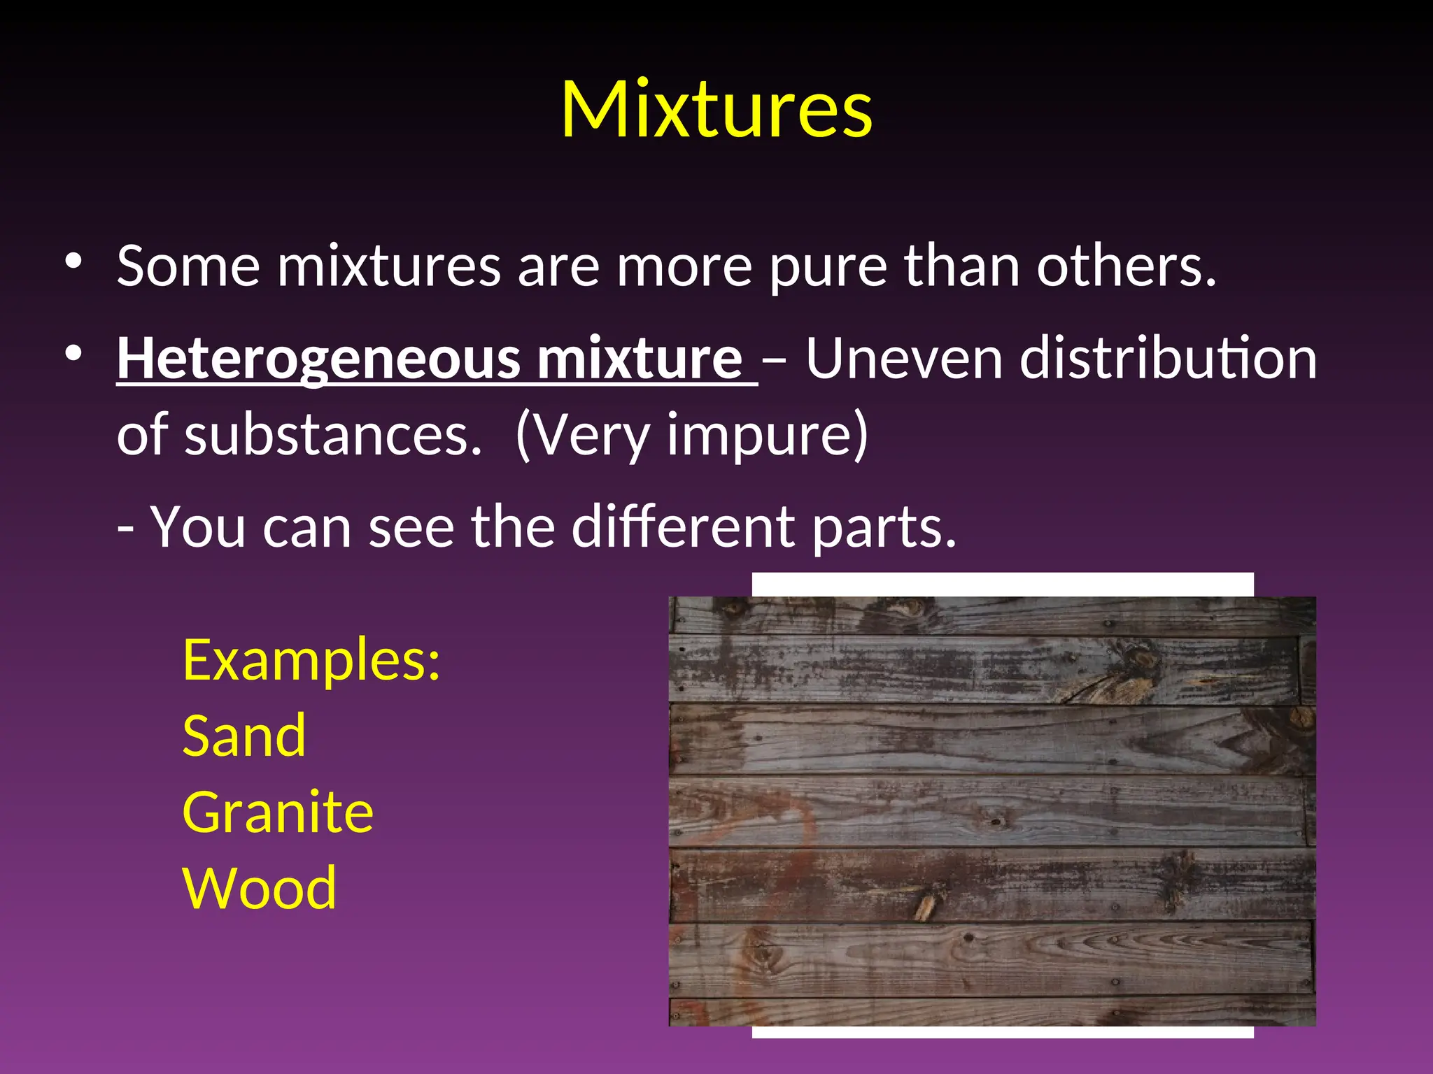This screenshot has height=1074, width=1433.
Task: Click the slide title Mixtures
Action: click(716, 110)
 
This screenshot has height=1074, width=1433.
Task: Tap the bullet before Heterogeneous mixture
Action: click(73, 354)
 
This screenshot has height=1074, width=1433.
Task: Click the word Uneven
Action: click(904, 359)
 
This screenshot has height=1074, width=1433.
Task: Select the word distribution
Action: click(1168, 359)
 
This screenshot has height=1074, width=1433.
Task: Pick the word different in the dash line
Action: click(683, 527)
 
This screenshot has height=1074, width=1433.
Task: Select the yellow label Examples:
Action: click(311, 661)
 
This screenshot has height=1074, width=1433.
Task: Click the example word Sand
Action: click(244, 736)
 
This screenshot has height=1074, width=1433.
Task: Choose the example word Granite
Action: click(278, 812)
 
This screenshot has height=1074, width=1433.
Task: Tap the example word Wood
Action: click(260, 889)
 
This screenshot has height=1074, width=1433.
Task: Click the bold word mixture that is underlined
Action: click(639, 359)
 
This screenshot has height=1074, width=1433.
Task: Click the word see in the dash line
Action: click(411, 529)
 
